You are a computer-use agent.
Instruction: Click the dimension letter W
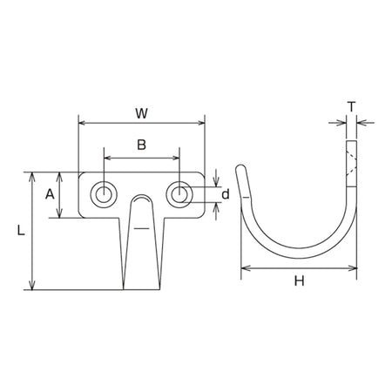click(141, 113)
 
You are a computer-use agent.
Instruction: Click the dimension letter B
click(141, 145)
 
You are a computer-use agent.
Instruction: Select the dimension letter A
click(50, 194)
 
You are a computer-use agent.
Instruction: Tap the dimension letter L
click(21, 230)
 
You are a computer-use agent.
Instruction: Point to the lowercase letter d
click(226, 194)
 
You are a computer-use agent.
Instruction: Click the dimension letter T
click(351, 107)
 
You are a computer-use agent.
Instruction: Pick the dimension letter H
click(299, 280)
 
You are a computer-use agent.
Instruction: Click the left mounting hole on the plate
click(104, 194)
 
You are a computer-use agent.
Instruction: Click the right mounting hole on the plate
click(179, 194)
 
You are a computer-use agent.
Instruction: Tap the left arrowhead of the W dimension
click(82, 123)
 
